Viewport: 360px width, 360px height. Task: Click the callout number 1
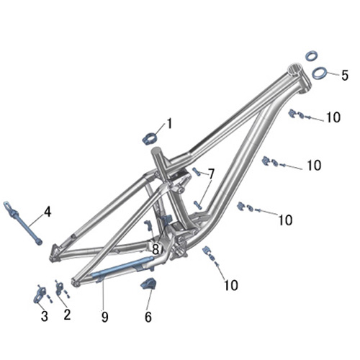[169, 124]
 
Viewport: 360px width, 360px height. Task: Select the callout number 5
[345, 76]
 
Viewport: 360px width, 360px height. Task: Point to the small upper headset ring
[312, 55]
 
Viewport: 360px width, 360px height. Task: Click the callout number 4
[48, 212]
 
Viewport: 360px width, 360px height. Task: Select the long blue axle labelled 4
[23, 223]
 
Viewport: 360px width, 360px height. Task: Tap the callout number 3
[45, 316]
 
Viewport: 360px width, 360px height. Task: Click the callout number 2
[67, 314]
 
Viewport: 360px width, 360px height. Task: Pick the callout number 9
[104, 317]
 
